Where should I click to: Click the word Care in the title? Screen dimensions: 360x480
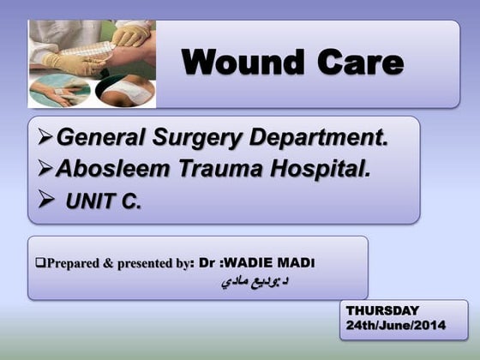click(x=359, y=63)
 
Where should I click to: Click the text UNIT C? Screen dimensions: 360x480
click(x=104, y=203)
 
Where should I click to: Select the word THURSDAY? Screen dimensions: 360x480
click(x=382, y=309)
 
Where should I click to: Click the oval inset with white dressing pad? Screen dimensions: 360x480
click(x=124, y=89)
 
